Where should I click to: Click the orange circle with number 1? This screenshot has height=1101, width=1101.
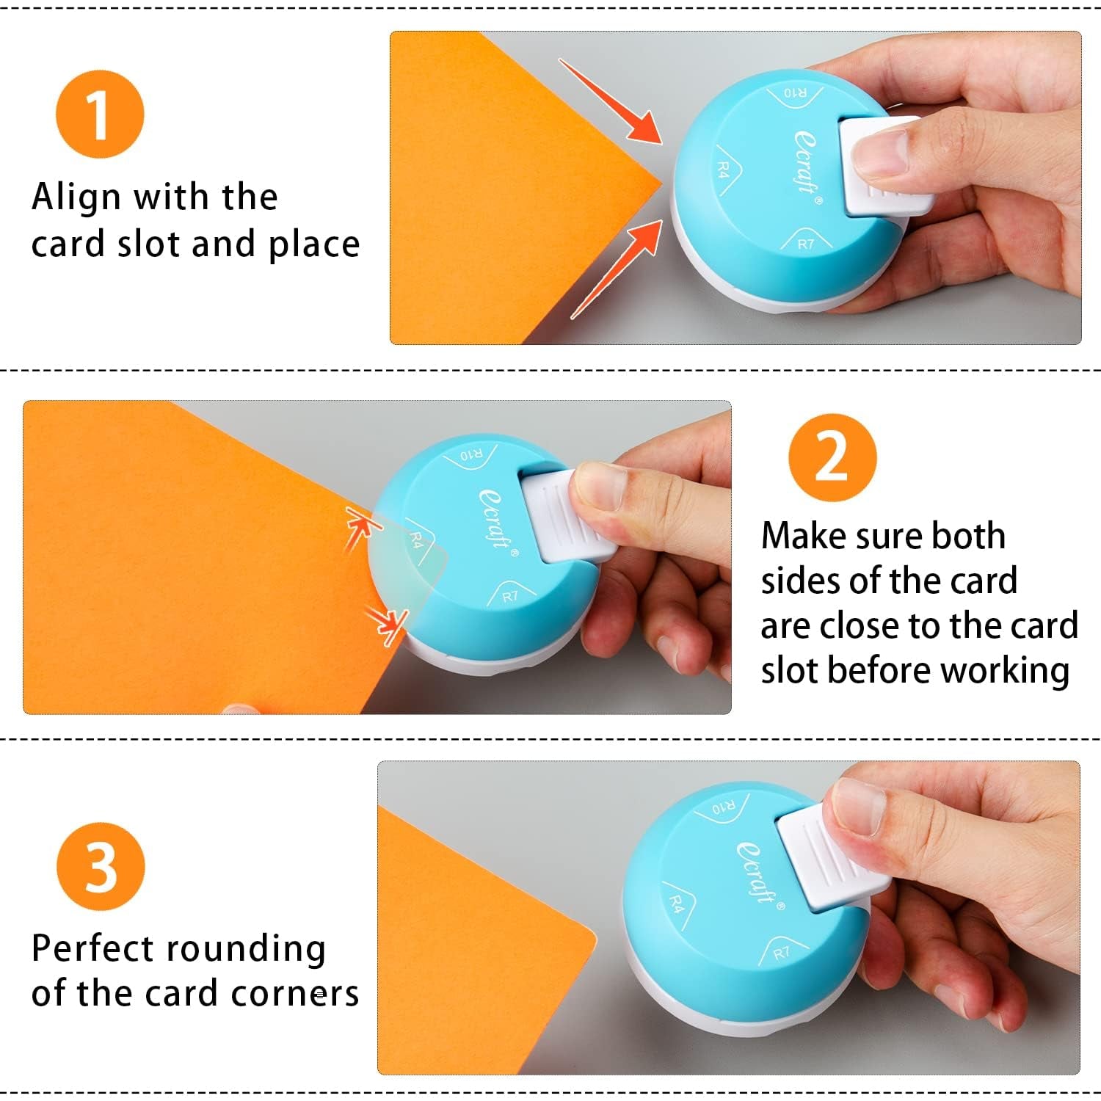click(x=100, y=115)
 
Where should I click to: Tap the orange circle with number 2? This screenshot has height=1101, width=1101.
click(x=832, y=457)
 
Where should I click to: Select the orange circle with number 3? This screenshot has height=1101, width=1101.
click(x=101, y=867)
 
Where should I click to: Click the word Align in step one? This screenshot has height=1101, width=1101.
click(x=76, y=197)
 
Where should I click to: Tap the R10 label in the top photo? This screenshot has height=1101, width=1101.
click(x=795, y=93)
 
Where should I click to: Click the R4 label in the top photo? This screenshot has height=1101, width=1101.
click(x=724, y=170)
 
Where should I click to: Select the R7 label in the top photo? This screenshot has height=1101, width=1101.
click(x=805, y=244)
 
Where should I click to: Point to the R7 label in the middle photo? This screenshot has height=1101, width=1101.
click(x=509, y=596)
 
